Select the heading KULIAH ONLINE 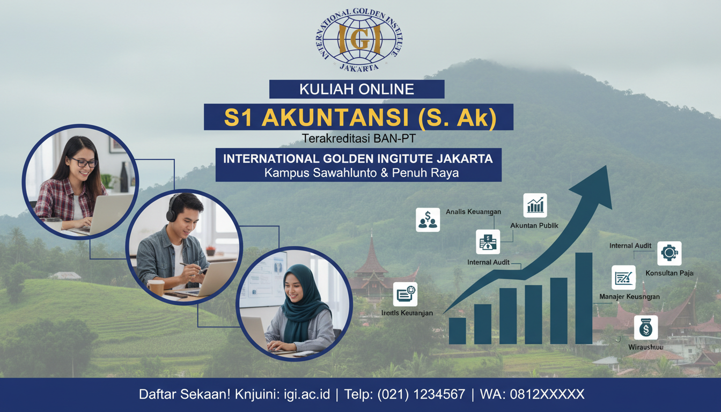click(x=357, y=89)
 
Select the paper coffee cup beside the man click(x=156, y=288)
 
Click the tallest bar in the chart click(x=584, y=298)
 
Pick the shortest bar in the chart click(x=457, y=330)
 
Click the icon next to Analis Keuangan click(x=428, y=220)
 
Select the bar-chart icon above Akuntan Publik click(x=535, y=205)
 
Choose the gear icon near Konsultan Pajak click(x=669, y=253)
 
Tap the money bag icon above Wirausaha click(x=645, y=327)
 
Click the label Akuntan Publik click(x=534, y=225)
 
